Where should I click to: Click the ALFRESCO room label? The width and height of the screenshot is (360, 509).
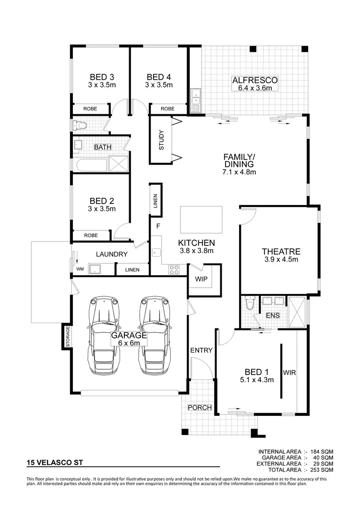(255, 80)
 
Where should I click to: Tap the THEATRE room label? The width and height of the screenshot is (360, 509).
(281, 251)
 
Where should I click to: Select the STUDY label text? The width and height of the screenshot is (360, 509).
(161, 140)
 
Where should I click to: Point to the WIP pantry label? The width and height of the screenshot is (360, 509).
(201, 279)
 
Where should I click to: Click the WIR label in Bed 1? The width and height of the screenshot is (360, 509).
(289, 372)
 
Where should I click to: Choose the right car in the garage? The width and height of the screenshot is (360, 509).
(155, 336)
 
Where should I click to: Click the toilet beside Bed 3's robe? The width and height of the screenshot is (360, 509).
(79, 125)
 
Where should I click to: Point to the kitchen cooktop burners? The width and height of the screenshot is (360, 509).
(174, 270)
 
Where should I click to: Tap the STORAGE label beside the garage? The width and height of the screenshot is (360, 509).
(68, 337)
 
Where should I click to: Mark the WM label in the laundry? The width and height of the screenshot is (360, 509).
(80, 269)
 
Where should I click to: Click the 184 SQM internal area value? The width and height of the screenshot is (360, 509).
(323, 452)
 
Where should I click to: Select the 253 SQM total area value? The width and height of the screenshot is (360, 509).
(323, 470)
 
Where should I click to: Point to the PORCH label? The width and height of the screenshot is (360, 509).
(200, 408)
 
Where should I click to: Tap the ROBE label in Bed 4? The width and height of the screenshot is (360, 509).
(168, 109)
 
